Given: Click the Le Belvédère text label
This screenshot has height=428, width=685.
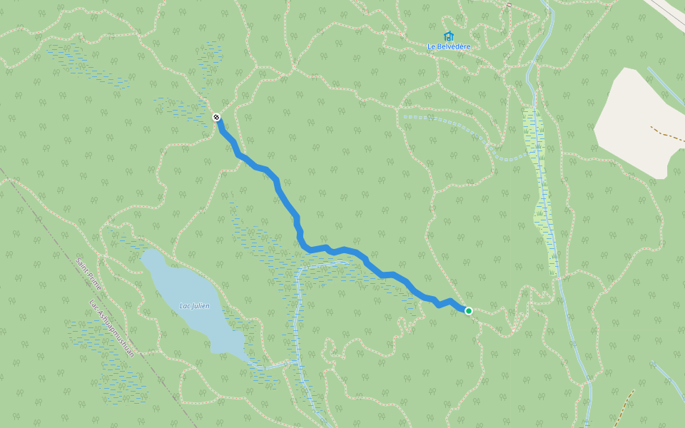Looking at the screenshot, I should (449, 47).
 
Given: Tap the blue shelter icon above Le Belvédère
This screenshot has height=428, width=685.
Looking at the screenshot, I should (449, 36).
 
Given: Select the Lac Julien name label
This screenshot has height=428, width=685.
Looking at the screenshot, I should (194, 306).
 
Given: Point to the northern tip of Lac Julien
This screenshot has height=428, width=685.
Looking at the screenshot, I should (146, 253).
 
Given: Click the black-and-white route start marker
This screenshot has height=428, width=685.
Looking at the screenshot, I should (216, 117).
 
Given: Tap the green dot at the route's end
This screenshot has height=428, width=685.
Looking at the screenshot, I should (469, 310).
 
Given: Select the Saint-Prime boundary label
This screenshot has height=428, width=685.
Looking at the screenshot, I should (89, 274).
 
